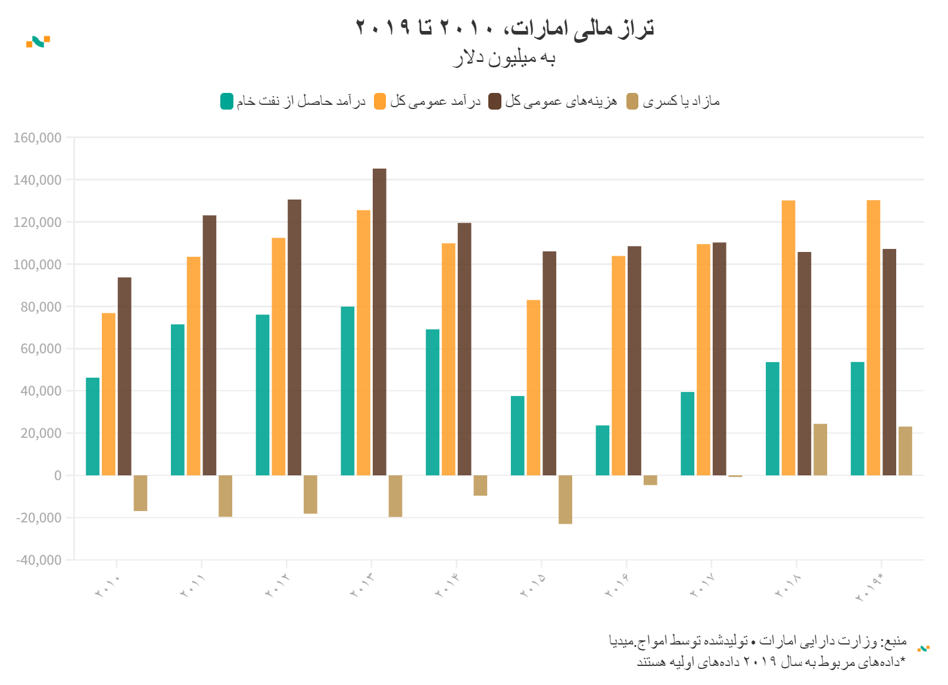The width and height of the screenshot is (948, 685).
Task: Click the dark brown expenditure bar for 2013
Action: coord(379,322)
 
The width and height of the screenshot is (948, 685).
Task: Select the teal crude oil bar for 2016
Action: coord(603,450)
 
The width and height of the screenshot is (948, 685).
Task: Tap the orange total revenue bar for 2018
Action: coord(788,338)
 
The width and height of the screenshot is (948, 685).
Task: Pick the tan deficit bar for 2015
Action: coord(565,499)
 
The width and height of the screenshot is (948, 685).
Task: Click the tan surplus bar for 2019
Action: coord(905,451)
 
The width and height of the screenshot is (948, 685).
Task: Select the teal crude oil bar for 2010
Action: coord(93,426)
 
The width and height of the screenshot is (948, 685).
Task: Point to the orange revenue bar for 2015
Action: coord(534,387)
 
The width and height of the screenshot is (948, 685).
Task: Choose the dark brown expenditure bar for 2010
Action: coord(124,376)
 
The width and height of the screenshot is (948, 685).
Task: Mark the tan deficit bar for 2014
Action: coord(480,485)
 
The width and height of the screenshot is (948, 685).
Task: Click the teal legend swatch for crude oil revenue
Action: coord(227,101)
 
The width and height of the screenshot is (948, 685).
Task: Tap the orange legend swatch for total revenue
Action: coord(380,101)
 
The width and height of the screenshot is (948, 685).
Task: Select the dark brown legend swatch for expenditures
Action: coord(495,101)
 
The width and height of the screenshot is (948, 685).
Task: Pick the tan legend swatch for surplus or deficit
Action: coord(632,101)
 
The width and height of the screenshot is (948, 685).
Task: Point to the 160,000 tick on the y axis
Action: coord(38,138)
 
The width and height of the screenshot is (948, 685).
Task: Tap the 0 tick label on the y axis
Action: coord(58,475)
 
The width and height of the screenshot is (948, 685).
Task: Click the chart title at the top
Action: coord(504,27)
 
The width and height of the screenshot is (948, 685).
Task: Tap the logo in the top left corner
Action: coord(38,42)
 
